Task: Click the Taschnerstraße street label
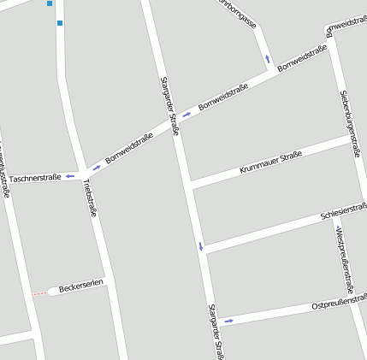[x=35, y=178]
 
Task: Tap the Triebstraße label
[x=90, y=198]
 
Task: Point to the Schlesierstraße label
[x=344, y=211]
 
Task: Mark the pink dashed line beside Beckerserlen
[x=40, y=293]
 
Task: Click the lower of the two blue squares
[x=60, y=23]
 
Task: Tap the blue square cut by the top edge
[x=50, y=3]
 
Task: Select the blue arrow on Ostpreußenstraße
[x=228, y=321]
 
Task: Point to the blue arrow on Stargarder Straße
[x=201, y=247]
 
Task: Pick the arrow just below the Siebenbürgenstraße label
[x=355, y=155]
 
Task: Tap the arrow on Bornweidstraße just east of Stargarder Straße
[x=187, y=115]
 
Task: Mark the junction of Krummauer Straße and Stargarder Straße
[x=189, y=185]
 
